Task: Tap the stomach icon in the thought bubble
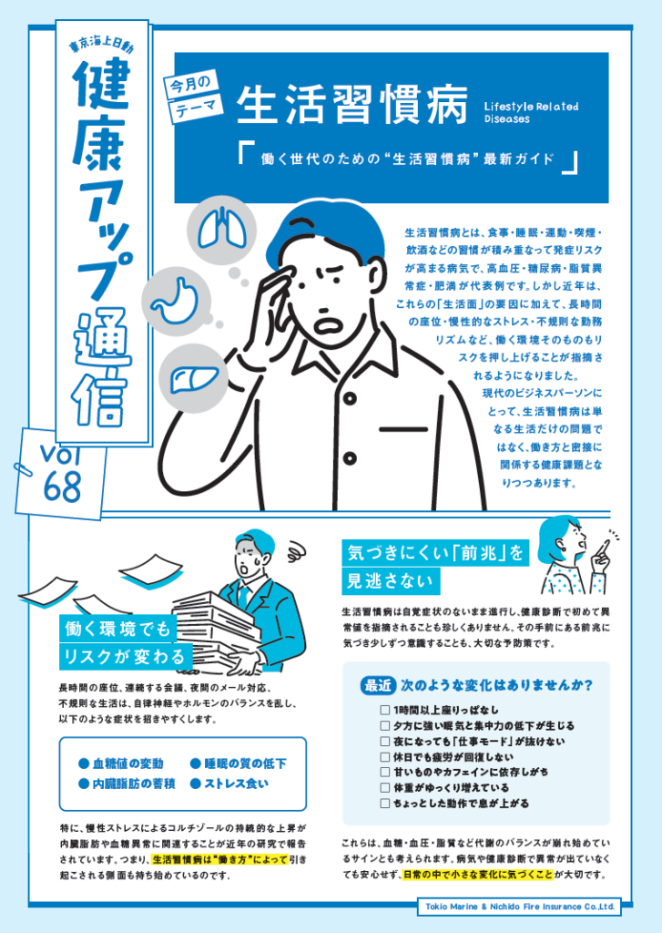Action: (x=175, y=300)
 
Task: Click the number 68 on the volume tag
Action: (x=63, y=487)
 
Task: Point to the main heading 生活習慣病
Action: (x=351, y=106)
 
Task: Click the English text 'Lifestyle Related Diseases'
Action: (x=531, y=112)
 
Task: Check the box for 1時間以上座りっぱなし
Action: (x=385, y=710)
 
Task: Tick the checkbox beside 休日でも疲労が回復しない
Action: (x=385, y=757)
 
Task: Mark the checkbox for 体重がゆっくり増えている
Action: (x=385, y=788)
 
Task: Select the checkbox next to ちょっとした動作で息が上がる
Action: (x=385, y=804)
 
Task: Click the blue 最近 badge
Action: (x=378, y=685)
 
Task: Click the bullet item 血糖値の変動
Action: (x=121, y=764)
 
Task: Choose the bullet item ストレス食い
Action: (x=229, y=784)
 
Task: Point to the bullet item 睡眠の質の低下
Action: (x=239, y=764)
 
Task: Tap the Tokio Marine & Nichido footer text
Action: (x=520, y=907)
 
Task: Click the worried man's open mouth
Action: (x=327, y=325)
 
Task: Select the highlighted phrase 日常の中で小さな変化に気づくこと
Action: (x=478, y=875)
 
